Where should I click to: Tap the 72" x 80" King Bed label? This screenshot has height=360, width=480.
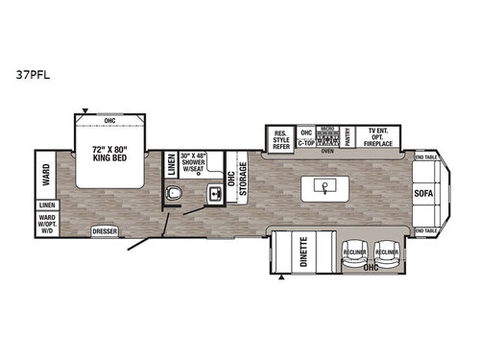click(112, 156)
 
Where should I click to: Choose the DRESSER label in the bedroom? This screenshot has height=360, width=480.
click(105, 232)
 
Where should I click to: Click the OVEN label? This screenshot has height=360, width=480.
click(326, 151)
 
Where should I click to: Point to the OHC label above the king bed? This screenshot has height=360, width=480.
click(111, 121)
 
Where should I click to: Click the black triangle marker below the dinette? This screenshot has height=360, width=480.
click(280, 278)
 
